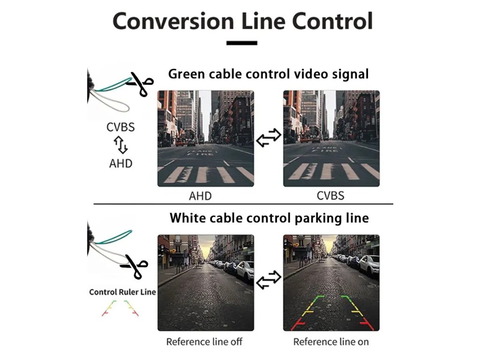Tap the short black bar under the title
point(242,43)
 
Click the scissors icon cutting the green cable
point(140,85)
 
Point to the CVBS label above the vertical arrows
point(120,127)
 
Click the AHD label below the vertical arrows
point(120,164)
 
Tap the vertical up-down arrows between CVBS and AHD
point(121,145)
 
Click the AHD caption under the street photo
point(200,195)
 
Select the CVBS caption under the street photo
point(330,195)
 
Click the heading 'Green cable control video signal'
point(268,74)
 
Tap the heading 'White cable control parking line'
point(269,218)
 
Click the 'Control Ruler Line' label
point(122,292)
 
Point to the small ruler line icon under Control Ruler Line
point(120,308)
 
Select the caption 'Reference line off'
point(204,341)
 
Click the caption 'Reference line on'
point(331,341)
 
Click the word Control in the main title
point(332,22)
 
